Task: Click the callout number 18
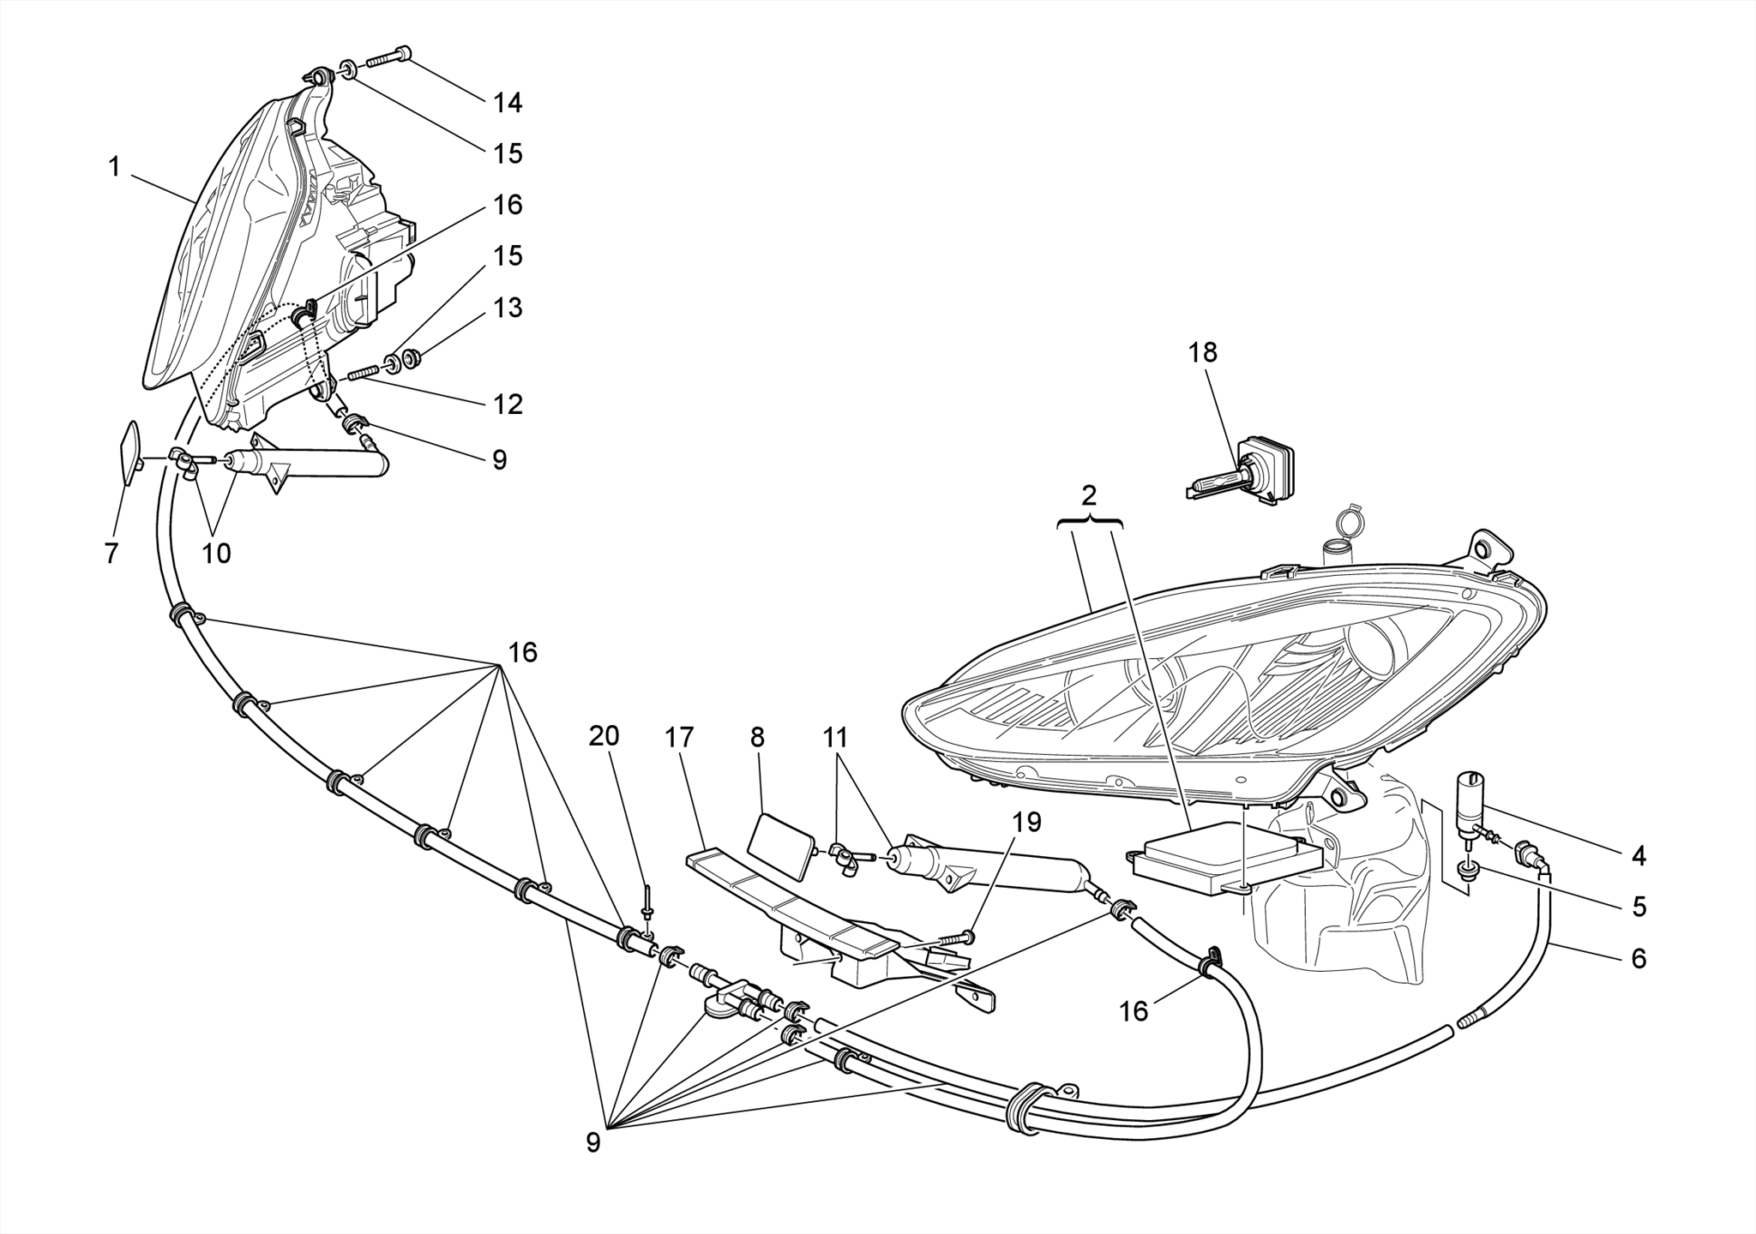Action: coord(1202,352)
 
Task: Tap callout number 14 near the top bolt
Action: coord(507,103)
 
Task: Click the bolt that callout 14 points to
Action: coord(388,57)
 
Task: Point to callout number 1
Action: coord(114,167)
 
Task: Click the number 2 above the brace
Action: coord(1089,495)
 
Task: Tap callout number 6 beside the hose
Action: coord(1638,957)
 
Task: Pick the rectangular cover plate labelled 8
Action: coord(780,848)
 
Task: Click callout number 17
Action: coord(679,737)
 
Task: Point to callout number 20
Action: coord(604,735)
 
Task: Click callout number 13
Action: coord(508,307)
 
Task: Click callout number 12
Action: coord(508,404)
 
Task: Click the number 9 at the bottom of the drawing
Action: coord(593,1142)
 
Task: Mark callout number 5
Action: coord(1639,906)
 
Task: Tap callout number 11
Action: coord(835,737)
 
